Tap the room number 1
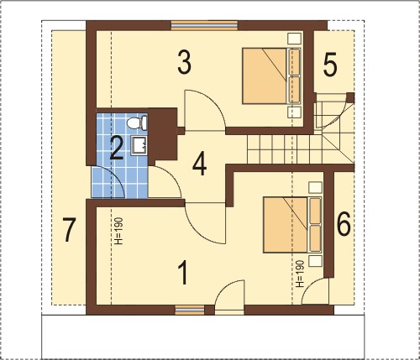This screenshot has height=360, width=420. click(183, 272)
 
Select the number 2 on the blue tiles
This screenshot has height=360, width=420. click(117, 149)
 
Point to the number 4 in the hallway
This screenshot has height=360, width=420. click(200, 164)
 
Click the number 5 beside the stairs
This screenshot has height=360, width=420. click(330, 65)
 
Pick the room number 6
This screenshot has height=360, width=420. click(344, 224)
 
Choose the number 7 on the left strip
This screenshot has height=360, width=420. click(69, 230)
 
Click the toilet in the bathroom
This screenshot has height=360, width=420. click(137, 123)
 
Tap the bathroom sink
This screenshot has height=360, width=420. click(139, 145)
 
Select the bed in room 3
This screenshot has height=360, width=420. click(271, 76)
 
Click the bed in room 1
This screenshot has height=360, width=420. click(292, 225)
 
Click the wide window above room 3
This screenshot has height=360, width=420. click(204, 25)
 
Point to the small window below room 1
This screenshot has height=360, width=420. click(190, 310)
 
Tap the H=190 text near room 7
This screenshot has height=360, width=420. click(119, 231)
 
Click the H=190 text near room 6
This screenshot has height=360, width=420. click(300, 274)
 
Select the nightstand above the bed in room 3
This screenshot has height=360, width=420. click(294, 39)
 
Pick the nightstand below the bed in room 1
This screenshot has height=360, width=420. click(315, 260)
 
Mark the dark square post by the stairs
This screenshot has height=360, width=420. click(350, 98)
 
